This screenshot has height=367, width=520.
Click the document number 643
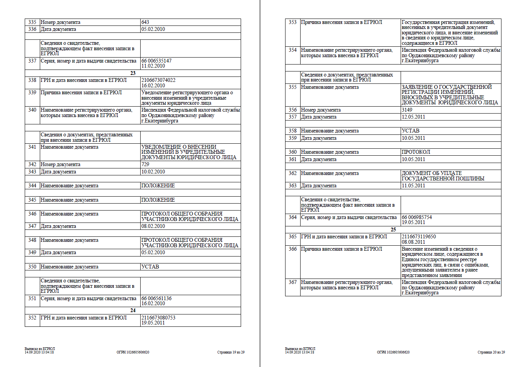pyautogui.click(x=145, y=22)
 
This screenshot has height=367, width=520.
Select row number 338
pyautogui.click(x=32, y=80)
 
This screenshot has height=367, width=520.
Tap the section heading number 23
pyautogui.click(x=133, y=73)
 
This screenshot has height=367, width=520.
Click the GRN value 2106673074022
pyautogui.click(x=158, y=80)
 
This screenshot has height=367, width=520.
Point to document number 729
pyautogui.click(x=145, y=165)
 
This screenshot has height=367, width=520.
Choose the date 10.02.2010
pyautogui.click(x=153, y=172)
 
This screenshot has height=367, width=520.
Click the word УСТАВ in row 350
pyautogui.click(x=150, y=267)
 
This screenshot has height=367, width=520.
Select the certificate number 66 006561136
pyautogui.click(x=156, y=299)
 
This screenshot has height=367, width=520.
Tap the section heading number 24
pyautogui.click(x=133, y=311)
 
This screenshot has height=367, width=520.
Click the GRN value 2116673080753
pyautogui.click(x=158, y=318)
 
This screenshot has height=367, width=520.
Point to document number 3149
pyautogui.click(x=407, y=110)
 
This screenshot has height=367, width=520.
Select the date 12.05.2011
pyautogui.click(x=413, y=117)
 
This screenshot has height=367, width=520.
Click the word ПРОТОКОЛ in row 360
pyautogui.click(x=416, y=152)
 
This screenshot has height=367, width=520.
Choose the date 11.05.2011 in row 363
pyautogui.click(x=413, y=186)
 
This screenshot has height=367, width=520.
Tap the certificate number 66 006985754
pyautogui.click(x=417, y=217)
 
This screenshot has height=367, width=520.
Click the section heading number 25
pyautogui.click(x=393, y=229)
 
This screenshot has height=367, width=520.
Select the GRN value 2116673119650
pyautogui.click(x=419, y=237)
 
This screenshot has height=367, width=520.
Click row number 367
pyautogui.click(x=293, y=282)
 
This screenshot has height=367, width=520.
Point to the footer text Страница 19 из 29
pyautogui.click(x=231, y=352)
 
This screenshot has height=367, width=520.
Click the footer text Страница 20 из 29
pyautogui.click(x=491, y=352)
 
